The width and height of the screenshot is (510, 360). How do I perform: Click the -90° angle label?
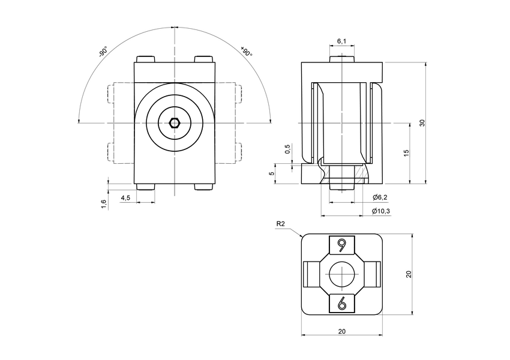[x=103, y=52]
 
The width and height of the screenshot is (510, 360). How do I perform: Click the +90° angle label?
[x=246, y=52]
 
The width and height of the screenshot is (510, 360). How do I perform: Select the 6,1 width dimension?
[x=341, y=41]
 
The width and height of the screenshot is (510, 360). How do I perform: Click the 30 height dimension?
[x=422, y=122]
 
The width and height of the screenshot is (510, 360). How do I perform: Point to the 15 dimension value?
[x=407, y=153]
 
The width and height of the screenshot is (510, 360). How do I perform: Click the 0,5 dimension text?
[x=287, y=149]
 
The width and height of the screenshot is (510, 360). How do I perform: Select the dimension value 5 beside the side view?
[x=272, y=173]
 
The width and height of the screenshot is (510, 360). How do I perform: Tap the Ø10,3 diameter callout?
[x=382, y=211]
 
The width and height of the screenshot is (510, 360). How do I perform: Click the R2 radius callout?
[x=280, y=224]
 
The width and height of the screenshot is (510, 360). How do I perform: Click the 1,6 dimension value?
[x=104, y=204]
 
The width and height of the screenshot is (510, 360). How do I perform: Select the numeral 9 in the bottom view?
[x=342, y=245]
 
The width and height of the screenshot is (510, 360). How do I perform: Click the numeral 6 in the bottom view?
[x=342, y=303]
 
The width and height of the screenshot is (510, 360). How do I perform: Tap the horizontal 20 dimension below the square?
[x=341, y=331]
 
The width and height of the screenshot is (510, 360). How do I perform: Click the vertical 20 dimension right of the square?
[x=408, y=274]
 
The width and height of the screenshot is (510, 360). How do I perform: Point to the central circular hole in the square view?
[x=342, y=274]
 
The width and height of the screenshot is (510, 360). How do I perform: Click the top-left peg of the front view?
[x=146, y=59]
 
